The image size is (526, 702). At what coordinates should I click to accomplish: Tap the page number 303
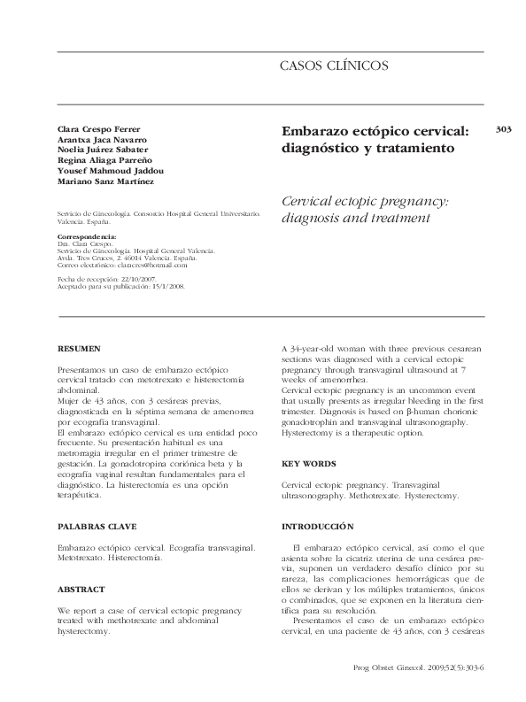505,129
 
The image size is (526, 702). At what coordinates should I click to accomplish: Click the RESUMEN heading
79,349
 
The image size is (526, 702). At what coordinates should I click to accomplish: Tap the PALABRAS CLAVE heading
97,527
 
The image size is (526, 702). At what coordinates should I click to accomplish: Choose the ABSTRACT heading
81,589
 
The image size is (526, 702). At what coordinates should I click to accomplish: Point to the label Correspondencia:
86,237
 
